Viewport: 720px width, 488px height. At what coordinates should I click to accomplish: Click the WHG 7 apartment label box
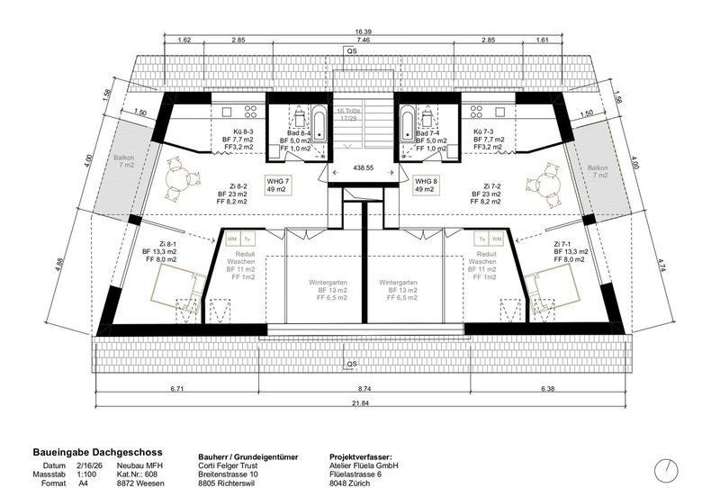coord(278,185)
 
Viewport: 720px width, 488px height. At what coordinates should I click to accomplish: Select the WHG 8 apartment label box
coord(426,185)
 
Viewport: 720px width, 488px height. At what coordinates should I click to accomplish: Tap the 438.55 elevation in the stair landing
coord(363,168)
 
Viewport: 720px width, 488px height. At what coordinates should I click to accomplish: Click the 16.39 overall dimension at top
coord(363,32)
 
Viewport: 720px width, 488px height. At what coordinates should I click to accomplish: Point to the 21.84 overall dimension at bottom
coord(362,403)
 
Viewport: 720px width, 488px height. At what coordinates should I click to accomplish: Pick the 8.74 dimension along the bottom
coord(364,389)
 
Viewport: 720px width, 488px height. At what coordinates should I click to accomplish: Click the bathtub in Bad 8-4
coord(319,123)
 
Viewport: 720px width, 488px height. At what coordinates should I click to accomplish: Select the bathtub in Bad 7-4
coord(408,123)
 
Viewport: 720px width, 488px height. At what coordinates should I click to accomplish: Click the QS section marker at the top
coord(351,51)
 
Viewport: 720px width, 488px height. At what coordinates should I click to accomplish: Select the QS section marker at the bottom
coord(351,364)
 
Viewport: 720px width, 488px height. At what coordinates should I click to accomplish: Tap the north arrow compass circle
coord(666,471)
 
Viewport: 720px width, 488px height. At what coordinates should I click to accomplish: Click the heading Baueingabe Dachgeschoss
coord(97,453)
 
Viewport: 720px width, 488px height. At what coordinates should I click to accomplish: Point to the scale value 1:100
coord(86,474)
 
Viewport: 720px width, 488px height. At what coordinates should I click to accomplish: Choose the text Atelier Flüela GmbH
coord(364,465)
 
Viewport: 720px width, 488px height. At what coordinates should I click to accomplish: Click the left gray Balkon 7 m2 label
coord(124,161)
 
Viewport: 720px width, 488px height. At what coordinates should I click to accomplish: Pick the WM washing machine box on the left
coord(232,239)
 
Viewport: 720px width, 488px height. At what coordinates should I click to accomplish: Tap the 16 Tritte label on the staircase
coord(349,111)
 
